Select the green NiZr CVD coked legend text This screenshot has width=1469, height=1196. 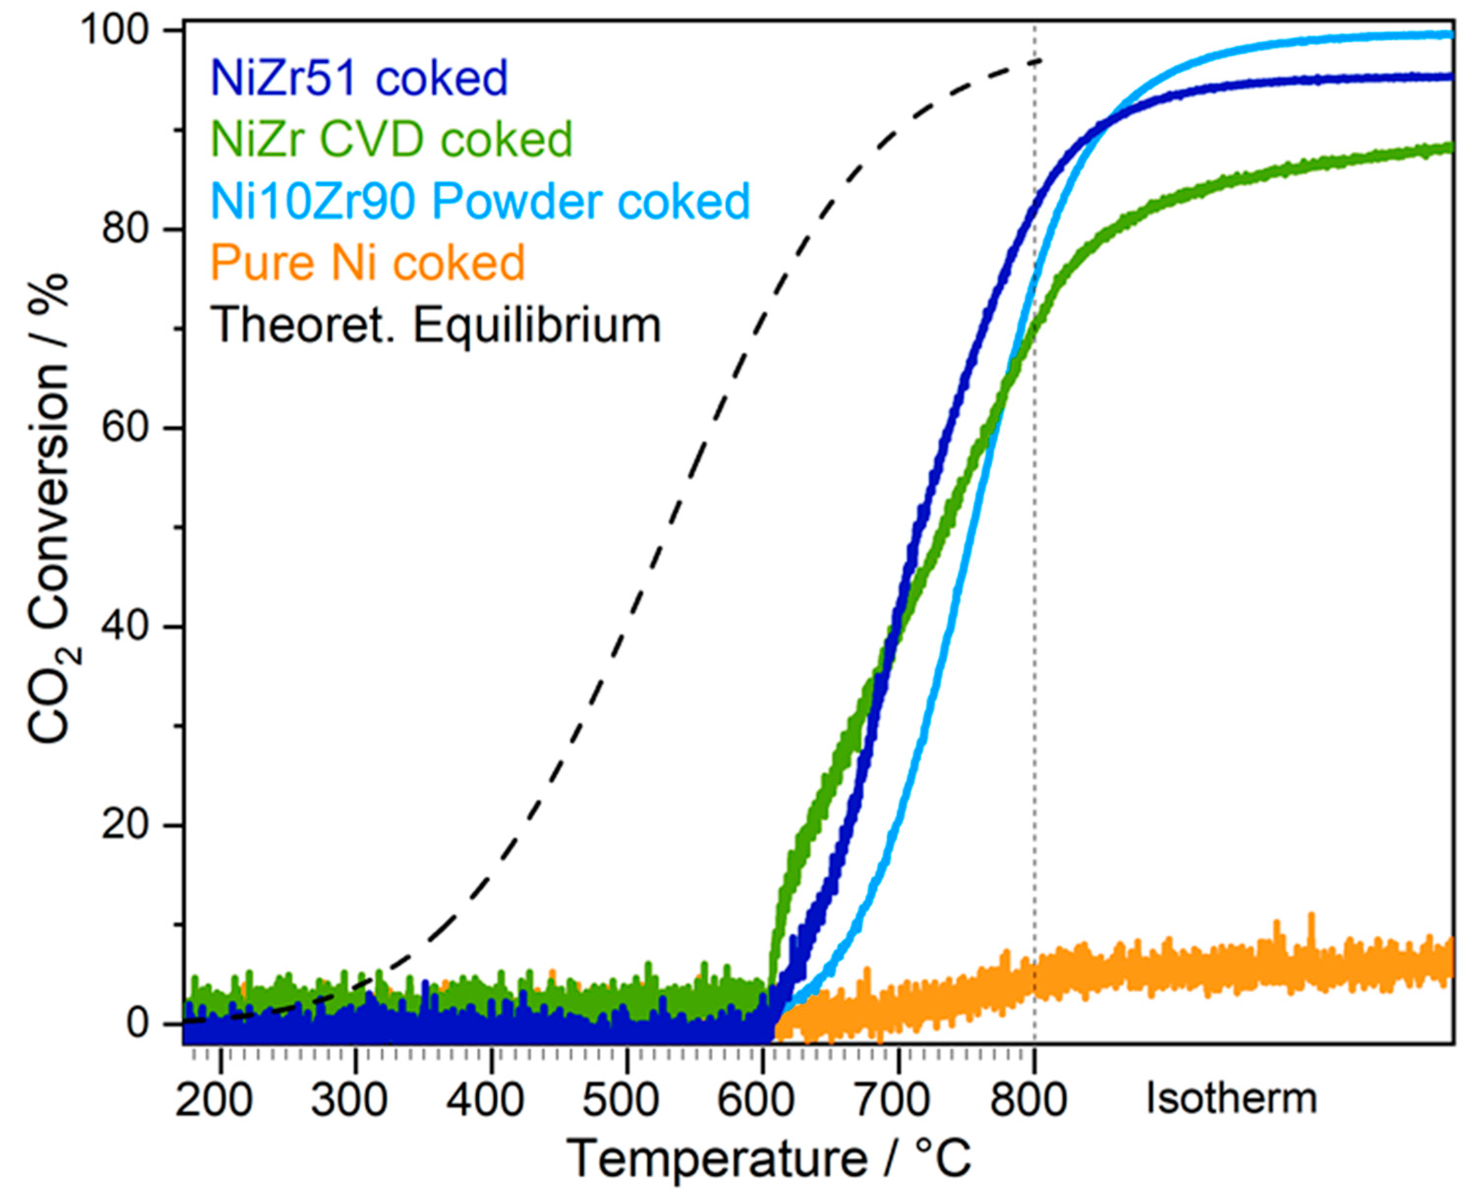pos(392,139)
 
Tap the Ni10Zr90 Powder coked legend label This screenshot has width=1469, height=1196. pos(480,201)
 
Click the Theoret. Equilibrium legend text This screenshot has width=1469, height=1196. pos(435,325)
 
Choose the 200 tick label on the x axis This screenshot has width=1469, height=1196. pos(214,1100)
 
